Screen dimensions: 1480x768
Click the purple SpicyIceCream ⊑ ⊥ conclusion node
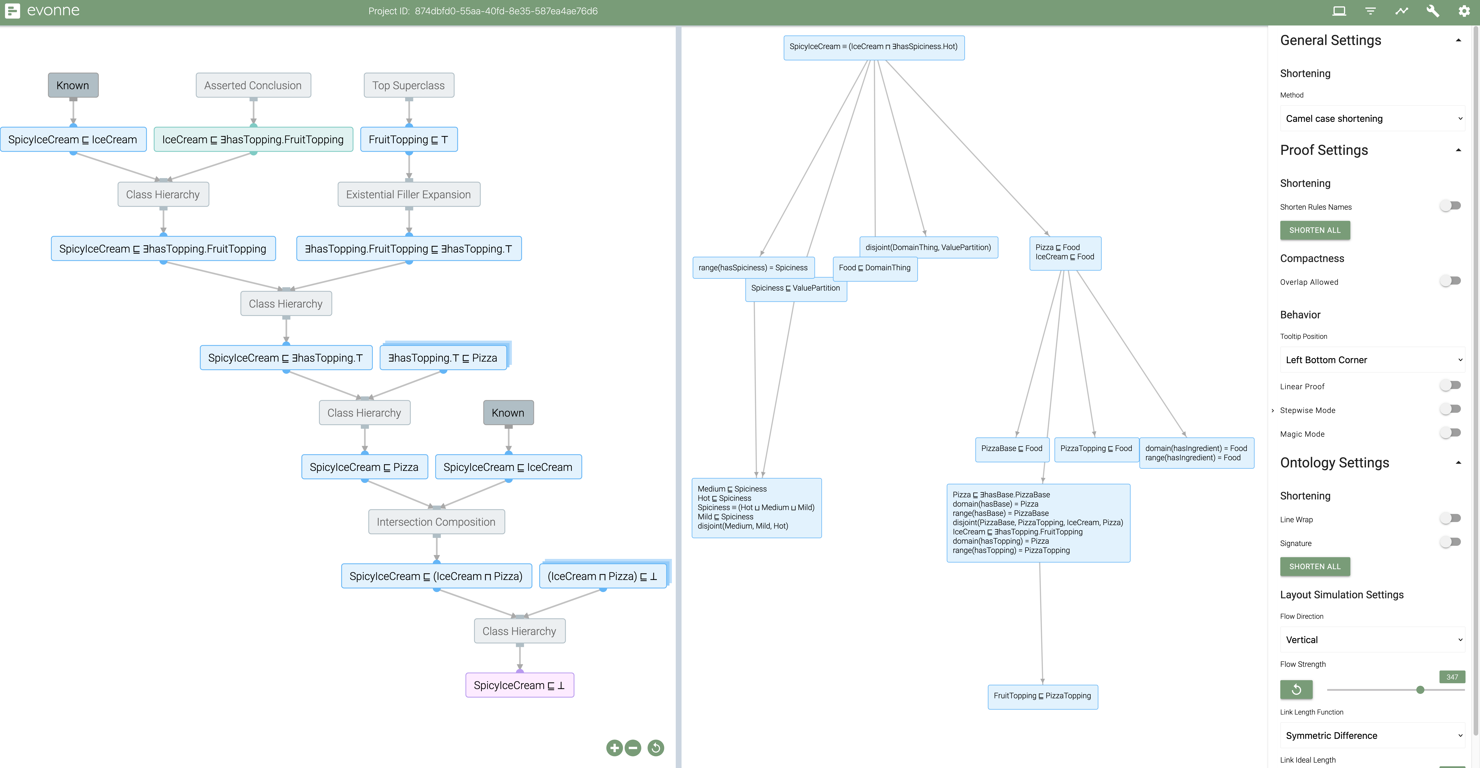[519, 685]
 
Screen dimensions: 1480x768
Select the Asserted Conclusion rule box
[253, 85]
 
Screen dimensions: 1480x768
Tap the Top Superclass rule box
[408, 85]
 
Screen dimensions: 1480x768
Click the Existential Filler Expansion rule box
[408, 194]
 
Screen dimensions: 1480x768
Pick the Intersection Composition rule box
[436, 522]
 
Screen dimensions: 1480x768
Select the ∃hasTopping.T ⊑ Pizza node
[443, 358]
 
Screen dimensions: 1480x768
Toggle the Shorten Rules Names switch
[1450, 206]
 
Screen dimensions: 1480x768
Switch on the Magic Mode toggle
[1450, 433]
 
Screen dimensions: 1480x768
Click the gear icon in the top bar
[1464, 11]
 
